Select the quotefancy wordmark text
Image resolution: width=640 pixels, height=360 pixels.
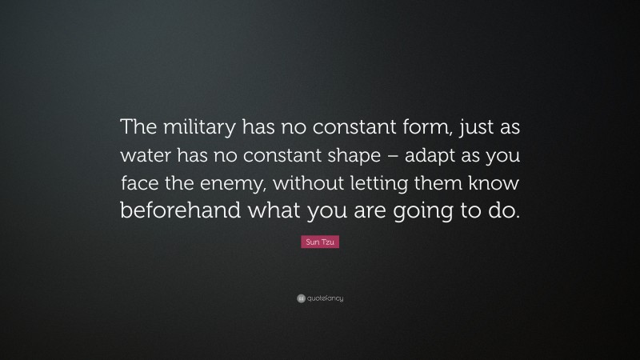pyautogui.click(x=324, y=298)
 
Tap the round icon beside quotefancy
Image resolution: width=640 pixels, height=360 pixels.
pyautogui.click(x=300, y=298)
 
